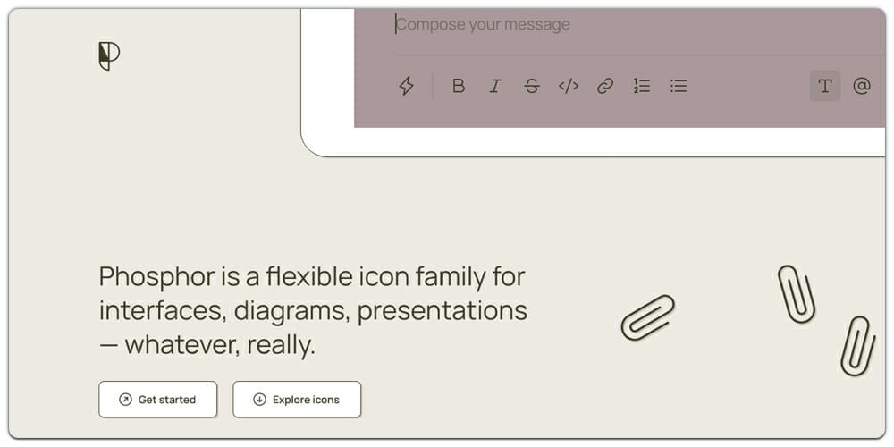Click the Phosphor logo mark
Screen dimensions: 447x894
point(108,56)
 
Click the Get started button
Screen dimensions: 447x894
point(158,400)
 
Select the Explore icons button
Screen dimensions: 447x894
point(297,400)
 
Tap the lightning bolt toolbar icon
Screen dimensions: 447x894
point(406,86)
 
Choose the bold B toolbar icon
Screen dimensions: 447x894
point(459,86)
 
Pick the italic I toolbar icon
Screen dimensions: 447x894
point(494,86)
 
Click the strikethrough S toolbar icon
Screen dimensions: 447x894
point(532,86)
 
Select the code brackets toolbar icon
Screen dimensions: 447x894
point(569,86)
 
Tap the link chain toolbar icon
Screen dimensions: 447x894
point(605,86)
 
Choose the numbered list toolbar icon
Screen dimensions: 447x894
point(642,86)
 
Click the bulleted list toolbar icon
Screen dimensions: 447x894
point(679,86)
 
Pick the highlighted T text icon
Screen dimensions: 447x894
point(824,86)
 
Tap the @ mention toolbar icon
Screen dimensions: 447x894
point(862,86)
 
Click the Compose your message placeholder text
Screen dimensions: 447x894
point(483,24)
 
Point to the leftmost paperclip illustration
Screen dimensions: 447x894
point(648,316)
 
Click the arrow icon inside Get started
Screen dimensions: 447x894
point(125,400)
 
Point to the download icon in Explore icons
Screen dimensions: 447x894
point(259,400)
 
